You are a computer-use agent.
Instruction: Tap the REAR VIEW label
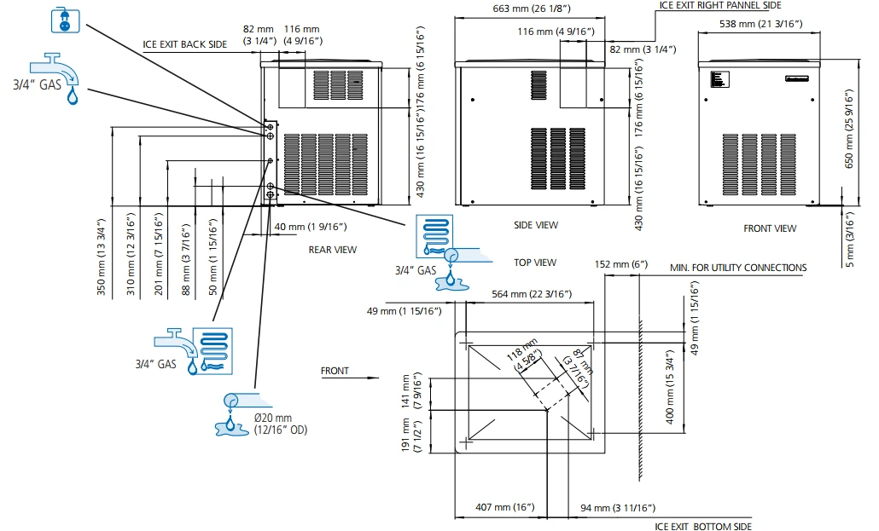coord(333,250)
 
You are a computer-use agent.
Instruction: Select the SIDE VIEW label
coord(535,225)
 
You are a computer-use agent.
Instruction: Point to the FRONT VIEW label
coord(770,228)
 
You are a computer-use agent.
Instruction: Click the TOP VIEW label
coord(535,263)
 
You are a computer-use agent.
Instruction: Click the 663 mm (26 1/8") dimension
coord(531,9)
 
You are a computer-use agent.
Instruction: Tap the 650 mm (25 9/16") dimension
coord(847,127)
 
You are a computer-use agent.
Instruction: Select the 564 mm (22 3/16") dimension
coord(532,294)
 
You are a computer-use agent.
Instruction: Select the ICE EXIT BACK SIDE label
coord(184,44)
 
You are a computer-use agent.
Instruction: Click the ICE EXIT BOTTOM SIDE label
coord(703,526)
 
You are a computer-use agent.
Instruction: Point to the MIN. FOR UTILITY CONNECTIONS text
coord(738,268)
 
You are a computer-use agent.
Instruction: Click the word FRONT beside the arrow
coord(335,371)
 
